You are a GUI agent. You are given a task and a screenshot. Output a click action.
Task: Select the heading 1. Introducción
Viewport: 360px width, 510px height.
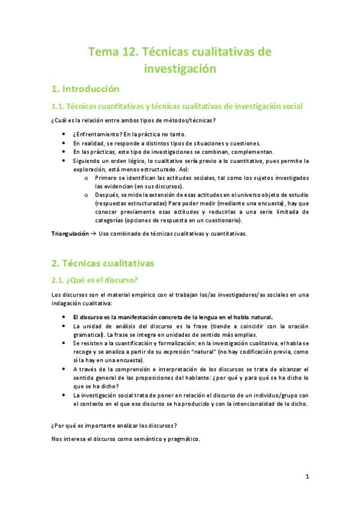point(85,90)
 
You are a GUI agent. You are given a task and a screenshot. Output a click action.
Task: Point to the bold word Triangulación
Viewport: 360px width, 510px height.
point(69,233)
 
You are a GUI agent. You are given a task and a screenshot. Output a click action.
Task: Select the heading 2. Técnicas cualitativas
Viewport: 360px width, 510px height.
point(103,263)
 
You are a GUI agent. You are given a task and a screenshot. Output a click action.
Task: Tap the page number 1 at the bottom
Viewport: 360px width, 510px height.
point(307,477)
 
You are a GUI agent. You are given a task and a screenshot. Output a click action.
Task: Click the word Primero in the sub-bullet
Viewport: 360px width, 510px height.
point(106,179)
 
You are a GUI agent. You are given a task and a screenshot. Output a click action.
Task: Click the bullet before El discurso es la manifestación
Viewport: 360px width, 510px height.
point(64,316)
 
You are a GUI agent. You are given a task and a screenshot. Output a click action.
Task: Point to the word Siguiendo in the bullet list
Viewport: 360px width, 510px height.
point(88,161)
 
